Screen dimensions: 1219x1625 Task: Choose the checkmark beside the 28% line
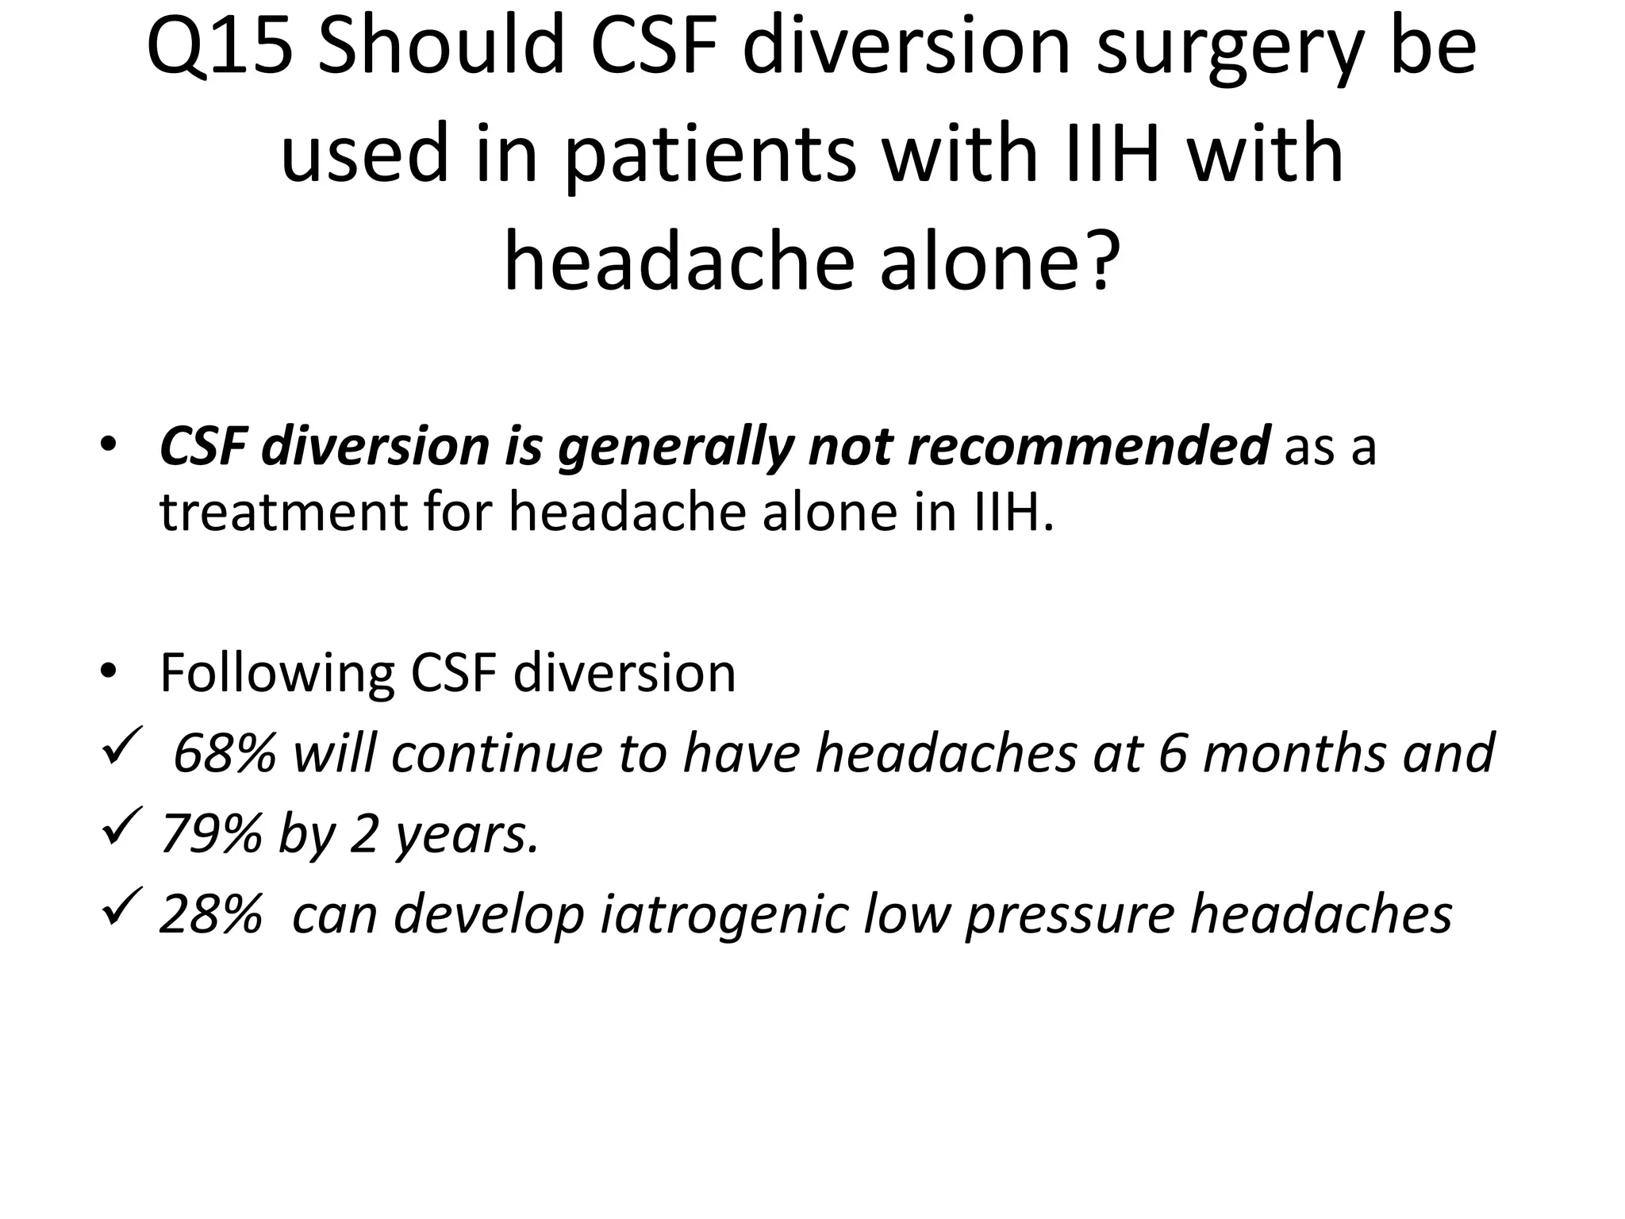[x=122, y=906]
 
